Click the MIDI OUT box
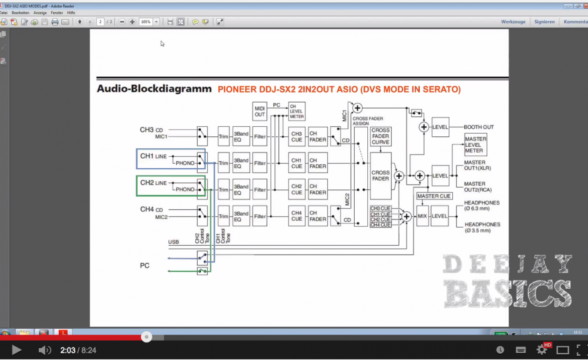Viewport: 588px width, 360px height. [x=260, y=111]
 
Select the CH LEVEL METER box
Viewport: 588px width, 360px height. [x=297, y=111]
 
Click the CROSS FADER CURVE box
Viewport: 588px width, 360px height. [x=380, y=136]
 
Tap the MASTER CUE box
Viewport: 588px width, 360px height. [x=434, y=196]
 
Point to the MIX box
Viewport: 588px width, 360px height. [x=422, y=216]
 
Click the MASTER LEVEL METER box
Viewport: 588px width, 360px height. [x=475, y=145]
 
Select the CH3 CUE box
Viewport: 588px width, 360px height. [x=297, y=136]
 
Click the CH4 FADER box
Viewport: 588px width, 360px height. [x=318, y=216]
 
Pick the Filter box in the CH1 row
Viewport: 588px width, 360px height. [x=260, y=163]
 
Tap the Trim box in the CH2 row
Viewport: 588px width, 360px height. [x=223, y=189]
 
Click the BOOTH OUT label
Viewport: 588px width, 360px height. [x=479, y=127]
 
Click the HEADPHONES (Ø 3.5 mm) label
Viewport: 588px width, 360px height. [x=482, y=227]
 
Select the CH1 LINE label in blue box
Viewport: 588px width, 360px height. [x=153, y=156]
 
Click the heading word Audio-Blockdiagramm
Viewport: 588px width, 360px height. [x=154, y=89]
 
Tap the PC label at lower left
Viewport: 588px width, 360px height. [x=144, y=265]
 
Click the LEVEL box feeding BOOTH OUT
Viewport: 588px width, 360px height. [x=440, y=127]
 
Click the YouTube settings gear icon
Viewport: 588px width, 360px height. [x=542, y=350]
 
